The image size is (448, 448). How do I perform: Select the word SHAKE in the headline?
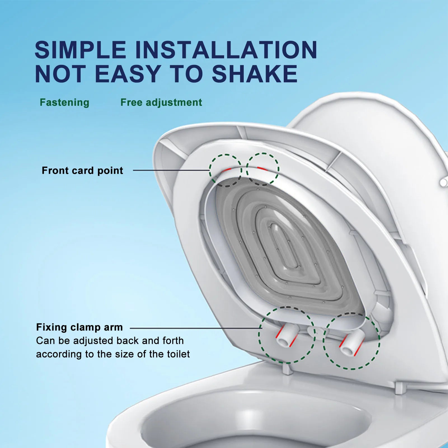coord(255,74)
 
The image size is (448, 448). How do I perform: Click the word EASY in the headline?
coord(128,74)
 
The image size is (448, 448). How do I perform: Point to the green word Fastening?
coord(64,102)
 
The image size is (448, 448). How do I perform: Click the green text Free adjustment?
coord(161,102)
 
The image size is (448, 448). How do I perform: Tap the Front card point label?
coord(82,170)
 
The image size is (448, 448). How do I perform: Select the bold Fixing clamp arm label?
coord(79,327)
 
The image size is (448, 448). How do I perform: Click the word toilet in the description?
coord(179,354)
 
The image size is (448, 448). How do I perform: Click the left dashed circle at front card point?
coord(226,170)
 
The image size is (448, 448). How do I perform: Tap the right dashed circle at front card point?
coord(262,169)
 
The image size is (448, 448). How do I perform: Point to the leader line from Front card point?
coord(171,170)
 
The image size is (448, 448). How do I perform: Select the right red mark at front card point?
coord(262,169)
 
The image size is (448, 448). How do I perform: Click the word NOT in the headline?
coord(60,74)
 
